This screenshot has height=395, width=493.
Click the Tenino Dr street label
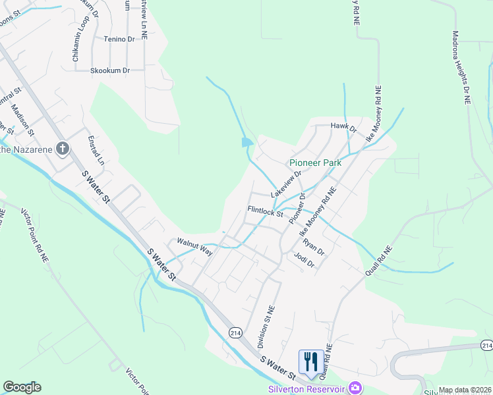click(x=119, y=39)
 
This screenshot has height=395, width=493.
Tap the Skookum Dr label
click(x=110, y=70)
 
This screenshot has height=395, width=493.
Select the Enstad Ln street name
click(x=96, y=151)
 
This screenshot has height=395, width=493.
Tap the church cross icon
click(x=63, y=148)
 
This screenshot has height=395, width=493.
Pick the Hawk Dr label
click(x=343, y=128)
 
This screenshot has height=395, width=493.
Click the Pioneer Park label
click(x=314, y=163)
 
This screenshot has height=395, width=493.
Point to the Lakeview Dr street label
click(x=285, y=184)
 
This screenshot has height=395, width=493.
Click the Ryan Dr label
click(x=314, y=246)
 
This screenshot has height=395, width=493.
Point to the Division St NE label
click(x=263, y=327)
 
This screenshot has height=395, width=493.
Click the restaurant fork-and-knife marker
click(x=311, y=362)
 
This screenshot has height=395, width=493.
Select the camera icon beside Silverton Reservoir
click(x=355, y=388)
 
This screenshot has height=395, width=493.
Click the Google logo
click(x=22, y=387)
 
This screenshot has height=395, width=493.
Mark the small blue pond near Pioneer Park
click(x=246, y=142)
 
